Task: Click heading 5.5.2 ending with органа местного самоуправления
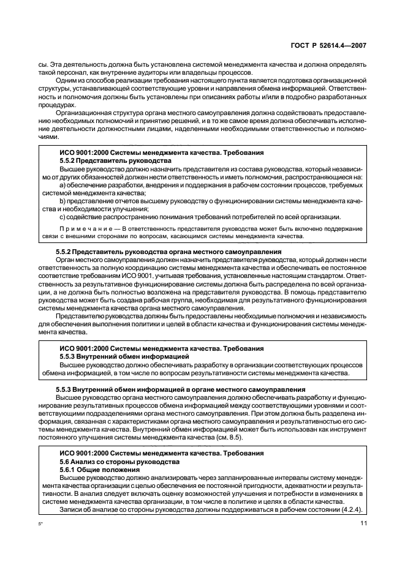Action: click(160, 252)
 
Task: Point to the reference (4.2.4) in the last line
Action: click(350, 509)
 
